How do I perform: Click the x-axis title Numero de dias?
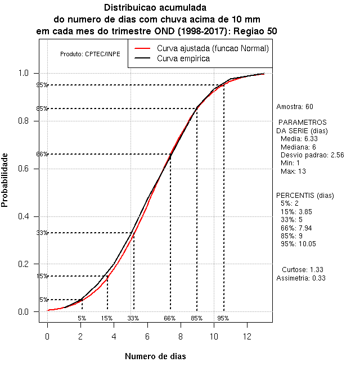click(x=155, y=356)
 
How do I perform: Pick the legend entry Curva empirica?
click(x=183, y=58)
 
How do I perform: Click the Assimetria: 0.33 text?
click(x=301, y=278)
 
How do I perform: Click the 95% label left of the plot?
click(x=42, y=85)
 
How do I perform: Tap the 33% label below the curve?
click(x=133, y=318)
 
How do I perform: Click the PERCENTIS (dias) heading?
click(x=301, y=196)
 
